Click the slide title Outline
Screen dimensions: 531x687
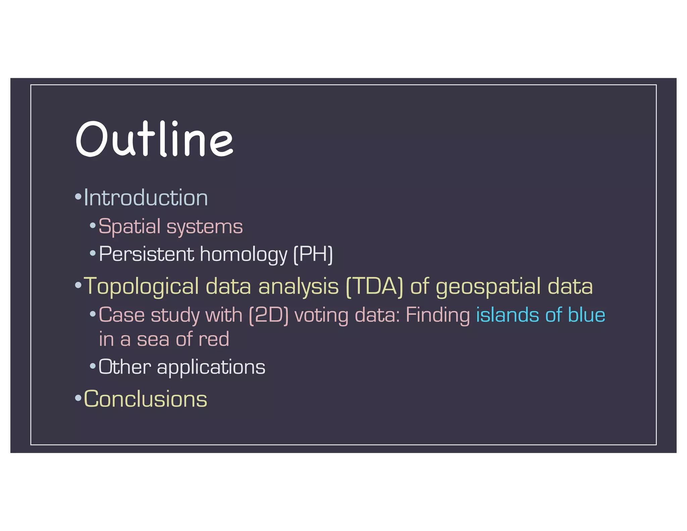[154, 139]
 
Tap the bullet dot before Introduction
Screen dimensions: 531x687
[78, 196]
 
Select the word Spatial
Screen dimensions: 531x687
[129, 227]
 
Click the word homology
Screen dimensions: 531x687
[244, 254]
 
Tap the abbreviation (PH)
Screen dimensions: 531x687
[313, 254]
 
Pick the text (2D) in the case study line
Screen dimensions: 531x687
[269, 316]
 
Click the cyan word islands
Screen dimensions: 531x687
[507, 315]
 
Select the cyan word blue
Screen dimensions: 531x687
[586, 315]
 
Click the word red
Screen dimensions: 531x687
[214, 339]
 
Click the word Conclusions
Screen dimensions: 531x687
[145, 399]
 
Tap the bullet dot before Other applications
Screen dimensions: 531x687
[93, 366]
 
